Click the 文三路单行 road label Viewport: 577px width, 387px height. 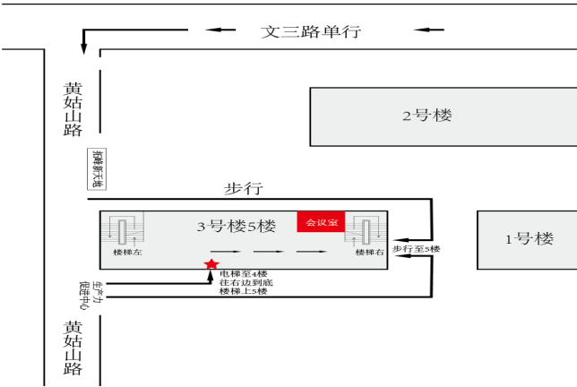point(310,31)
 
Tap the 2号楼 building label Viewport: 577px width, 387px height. point(427,116)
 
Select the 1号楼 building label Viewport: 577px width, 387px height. point(530,238)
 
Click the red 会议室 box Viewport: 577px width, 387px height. point(322,222)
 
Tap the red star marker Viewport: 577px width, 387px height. point(211,264)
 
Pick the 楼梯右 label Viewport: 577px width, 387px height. point(369,253)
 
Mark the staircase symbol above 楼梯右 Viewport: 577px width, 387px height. point(368,230)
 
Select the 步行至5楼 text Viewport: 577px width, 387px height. point(416,248)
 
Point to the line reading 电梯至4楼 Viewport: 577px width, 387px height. point(244,273)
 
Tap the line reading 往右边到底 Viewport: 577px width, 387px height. point(244,282)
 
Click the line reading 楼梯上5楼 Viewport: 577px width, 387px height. point(244,291)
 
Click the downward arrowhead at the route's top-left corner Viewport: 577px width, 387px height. point(84,47)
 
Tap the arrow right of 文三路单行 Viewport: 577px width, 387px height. point(429,30)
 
